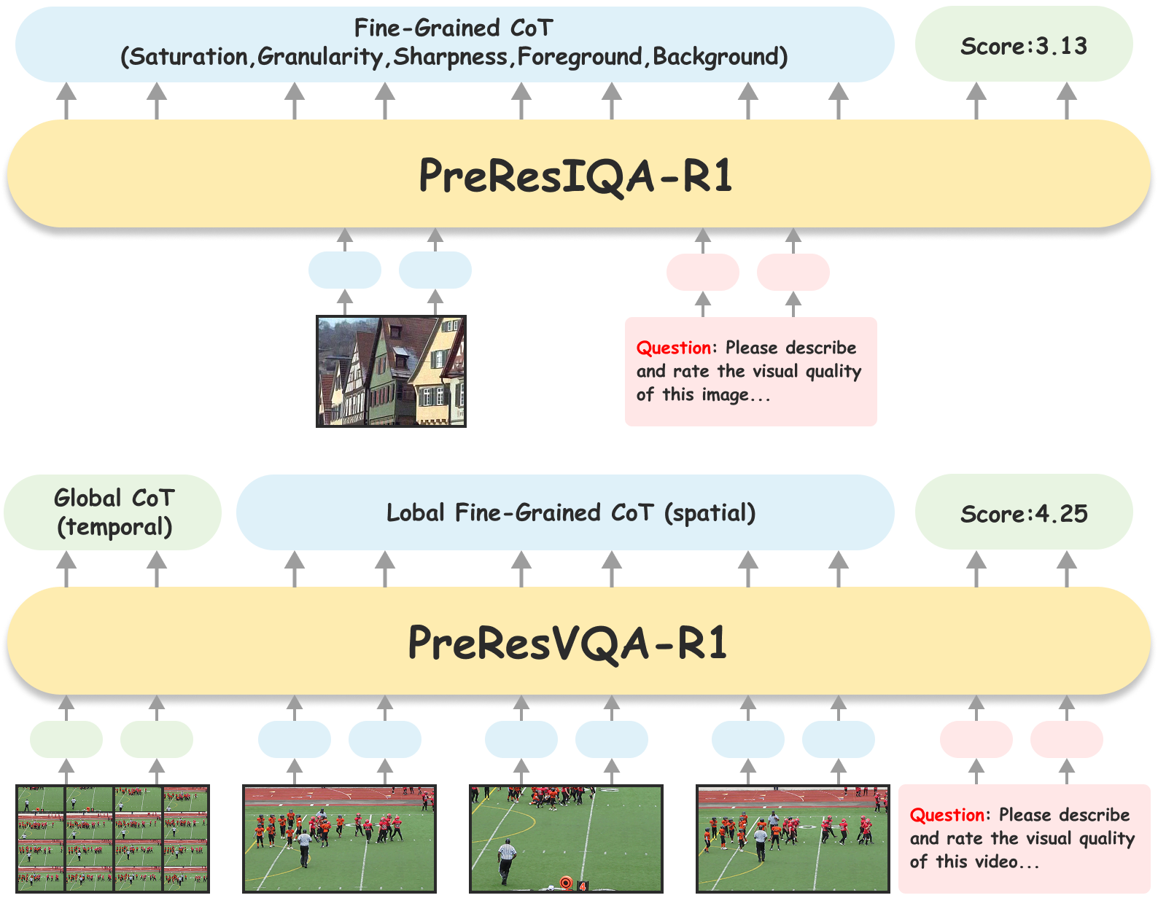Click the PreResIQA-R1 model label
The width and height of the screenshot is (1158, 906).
point(575,176)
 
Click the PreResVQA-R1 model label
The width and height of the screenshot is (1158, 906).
point(567,644)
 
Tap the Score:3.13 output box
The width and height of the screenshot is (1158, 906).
point(1023,46)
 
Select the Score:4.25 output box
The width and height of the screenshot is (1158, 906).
point(1023,514)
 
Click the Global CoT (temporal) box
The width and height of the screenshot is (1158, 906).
point(114,512)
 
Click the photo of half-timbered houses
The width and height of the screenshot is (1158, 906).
point(391,371)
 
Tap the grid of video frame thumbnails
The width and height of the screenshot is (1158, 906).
point(113,838)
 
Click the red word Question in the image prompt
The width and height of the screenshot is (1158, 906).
point(673,348)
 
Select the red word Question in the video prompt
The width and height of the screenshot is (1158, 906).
point(947,815)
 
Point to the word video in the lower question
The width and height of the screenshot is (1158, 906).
point(996,862)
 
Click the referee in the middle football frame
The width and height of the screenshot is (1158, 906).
point(505,860)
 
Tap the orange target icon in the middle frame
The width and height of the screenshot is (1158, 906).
point(565,883)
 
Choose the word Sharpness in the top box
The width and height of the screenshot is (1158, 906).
point(450,57)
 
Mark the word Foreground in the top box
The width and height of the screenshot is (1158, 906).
point(580,57)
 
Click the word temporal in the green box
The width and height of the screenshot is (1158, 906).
point(114,527)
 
